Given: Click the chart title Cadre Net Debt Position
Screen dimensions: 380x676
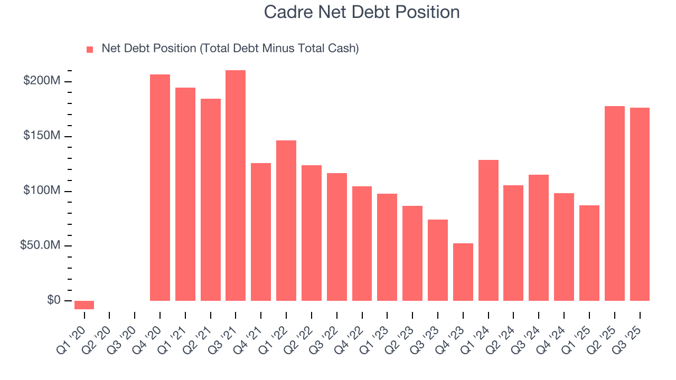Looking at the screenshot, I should pos(362,12).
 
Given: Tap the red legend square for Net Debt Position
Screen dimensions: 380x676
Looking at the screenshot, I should pos(90,49).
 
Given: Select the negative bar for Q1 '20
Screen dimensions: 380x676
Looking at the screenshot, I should pos(84,305).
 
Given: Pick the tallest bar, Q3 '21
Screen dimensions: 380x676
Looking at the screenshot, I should pos(236,185).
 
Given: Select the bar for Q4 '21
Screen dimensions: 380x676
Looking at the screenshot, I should pos(261,232).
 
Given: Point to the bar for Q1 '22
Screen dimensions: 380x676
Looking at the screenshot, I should pos(286,221).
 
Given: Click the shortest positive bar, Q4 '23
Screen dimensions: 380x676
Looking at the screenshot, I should pos(463,272).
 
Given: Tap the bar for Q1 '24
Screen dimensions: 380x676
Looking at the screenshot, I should pos(489,230).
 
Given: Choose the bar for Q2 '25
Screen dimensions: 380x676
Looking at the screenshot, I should pos(615,203).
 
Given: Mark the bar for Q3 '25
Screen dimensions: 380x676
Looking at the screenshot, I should pos(640,204).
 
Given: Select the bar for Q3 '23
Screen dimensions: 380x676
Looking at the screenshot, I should pos(438,260).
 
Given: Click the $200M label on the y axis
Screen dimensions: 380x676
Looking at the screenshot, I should pos(41,81).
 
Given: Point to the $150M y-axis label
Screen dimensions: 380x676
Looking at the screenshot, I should pos(41,136).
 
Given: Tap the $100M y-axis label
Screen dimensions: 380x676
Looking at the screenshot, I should pos(41,191).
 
